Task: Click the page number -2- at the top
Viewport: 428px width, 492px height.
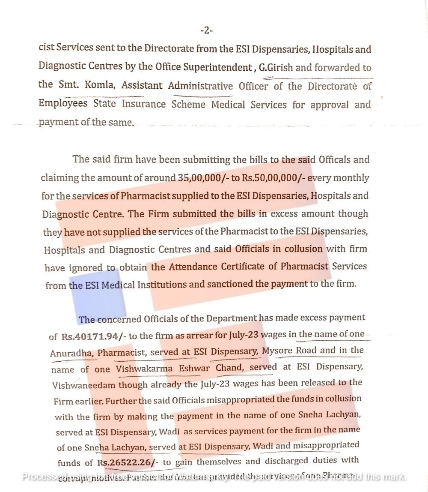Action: click(x=206, y=30)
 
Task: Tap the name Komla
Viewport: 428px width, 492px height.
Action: click(x=100, y=85)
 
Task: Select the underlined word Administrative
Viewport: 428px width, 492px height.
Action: click(x=200, y=86)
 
